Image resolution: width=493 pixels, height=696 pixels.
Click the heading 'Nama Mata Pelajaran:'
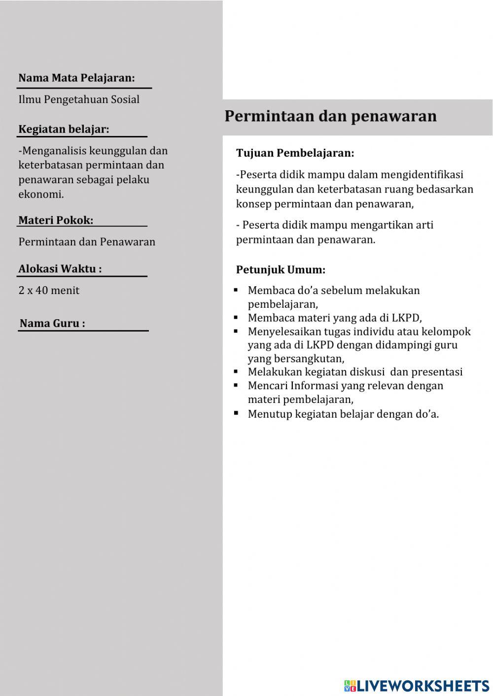76,78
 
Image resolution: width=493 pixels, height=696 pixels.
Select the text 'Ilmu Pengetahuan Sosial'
79,99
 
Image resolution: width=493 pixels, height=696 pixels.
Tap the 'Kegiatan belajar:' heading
64,129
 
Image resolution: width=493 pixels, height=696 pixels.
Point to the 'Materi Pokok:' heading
56,220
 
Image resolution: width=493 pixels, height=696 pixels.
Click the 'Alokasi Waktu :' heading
60,269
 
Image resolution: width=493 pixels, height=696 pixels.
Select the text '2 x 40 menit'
49,290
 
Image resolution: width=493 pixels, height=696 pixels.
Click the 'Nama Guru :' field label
52,324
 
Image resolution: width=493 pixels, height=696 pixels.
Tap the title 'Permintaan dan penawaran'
330,116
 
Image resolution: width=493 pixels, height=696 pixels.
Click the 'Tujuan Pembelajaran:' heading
295,153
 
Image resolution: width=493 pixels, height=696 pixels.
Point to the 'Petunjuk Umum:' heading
281,270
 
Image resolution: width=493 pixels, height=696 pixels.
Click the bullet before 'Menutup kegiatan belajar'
236,413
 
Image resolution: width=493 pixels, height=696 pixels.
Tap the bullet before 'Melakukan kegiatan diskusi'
236,371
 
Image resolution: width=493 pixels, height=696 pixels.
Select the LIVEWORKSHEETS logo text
423,685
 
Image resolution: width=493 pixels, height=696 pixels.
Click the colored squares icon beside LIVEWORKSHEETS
350,686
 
